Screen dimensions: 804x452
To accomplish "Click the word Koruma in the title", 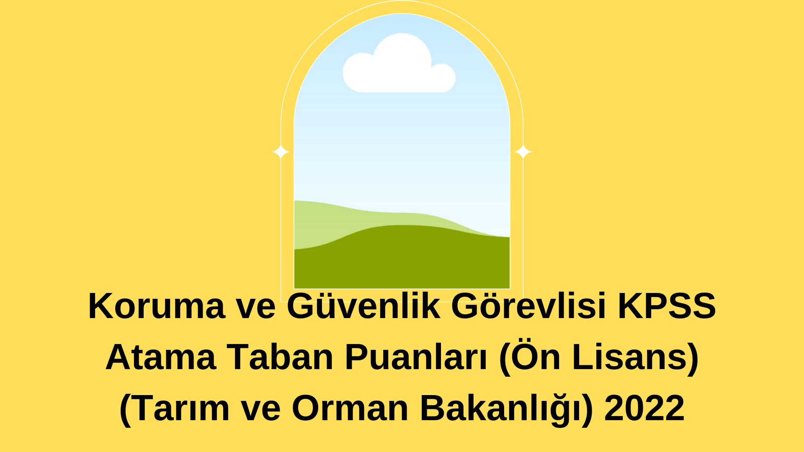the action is pos(157,306).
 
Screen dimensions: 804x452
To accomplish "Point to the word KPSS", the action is pos(667,306).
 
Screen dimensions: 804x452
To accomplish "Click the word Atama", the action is pos(161,357).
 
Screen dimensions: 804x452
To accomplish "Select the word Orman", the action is pos(350,408).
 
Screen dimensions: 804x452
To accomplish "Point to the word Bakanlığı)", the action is pos(506,408).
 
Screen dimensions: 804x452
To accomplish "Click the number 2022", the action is pos(644,408).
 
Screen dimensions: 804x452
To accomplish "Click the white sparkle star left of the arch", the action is pos(281,152).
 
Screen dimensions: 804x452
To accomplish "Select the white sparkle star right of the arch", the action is pos(523,152).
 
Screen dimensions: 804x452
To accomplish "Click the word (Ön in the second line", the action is pos(530,357).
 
